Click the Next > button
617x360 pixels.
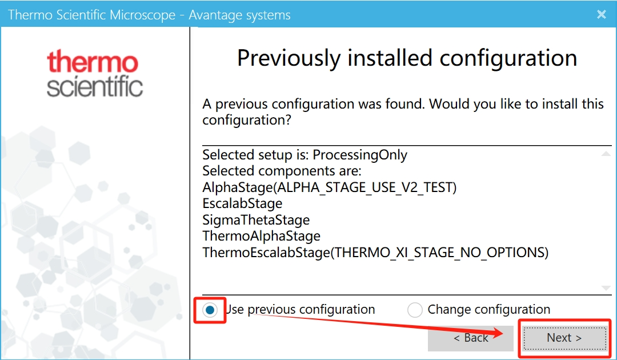[564, 338]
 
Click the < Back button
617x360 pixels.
[471, 338]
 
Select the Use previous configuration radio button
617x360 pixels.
[210, 310]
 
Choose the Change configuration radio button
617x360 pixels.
[415, 310]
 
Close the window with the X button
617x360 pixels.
[601, 14]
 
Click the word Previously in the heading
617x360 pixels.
[289, 59]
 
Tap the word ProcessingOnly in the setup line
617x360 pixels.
[360, 155]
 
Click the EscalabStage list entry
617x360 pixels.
[242, 203]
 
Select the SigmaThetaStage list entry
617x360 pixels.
[256, 220]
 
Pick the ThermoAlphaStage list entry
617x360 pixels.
[261, 236]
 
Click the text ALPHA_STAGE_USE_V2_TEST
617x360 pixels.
[364, 187]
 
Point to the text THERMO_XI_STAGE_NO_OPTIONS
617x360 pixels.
[439, 253]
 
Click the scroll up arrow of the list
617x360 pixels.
[606, 154]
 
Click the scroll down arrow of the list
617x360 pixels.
[606, 288]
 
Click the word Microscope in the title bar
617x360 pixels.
[142, 15]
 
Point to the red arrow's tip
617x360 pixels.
[503, 333]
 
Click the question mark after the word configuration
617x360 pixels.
[287, 119]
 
